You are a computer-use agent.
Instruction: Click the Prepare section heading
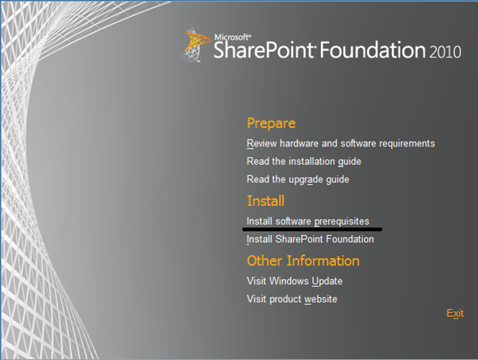[271, 123]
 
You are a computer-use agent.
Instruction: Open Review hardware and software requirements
[340, 143]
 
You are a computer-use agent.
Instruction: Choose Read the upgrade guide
[297, 180]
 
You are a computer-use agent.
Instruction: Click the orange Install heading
[265, 202]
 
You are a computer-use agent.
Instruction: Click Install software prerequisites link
[308, 221]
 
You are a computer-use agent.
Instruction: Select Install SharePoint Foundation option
[310, 239]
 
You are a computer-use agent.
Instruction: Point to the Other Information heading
[303, 261]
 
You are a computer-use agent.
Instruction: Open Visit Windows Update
[294, 281]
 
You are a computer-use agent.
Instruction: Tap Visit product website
[292, 299]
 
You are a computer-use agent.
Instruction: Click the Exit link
[455, 313]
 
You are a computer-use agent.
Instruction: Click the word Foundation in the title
[374, 51]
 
